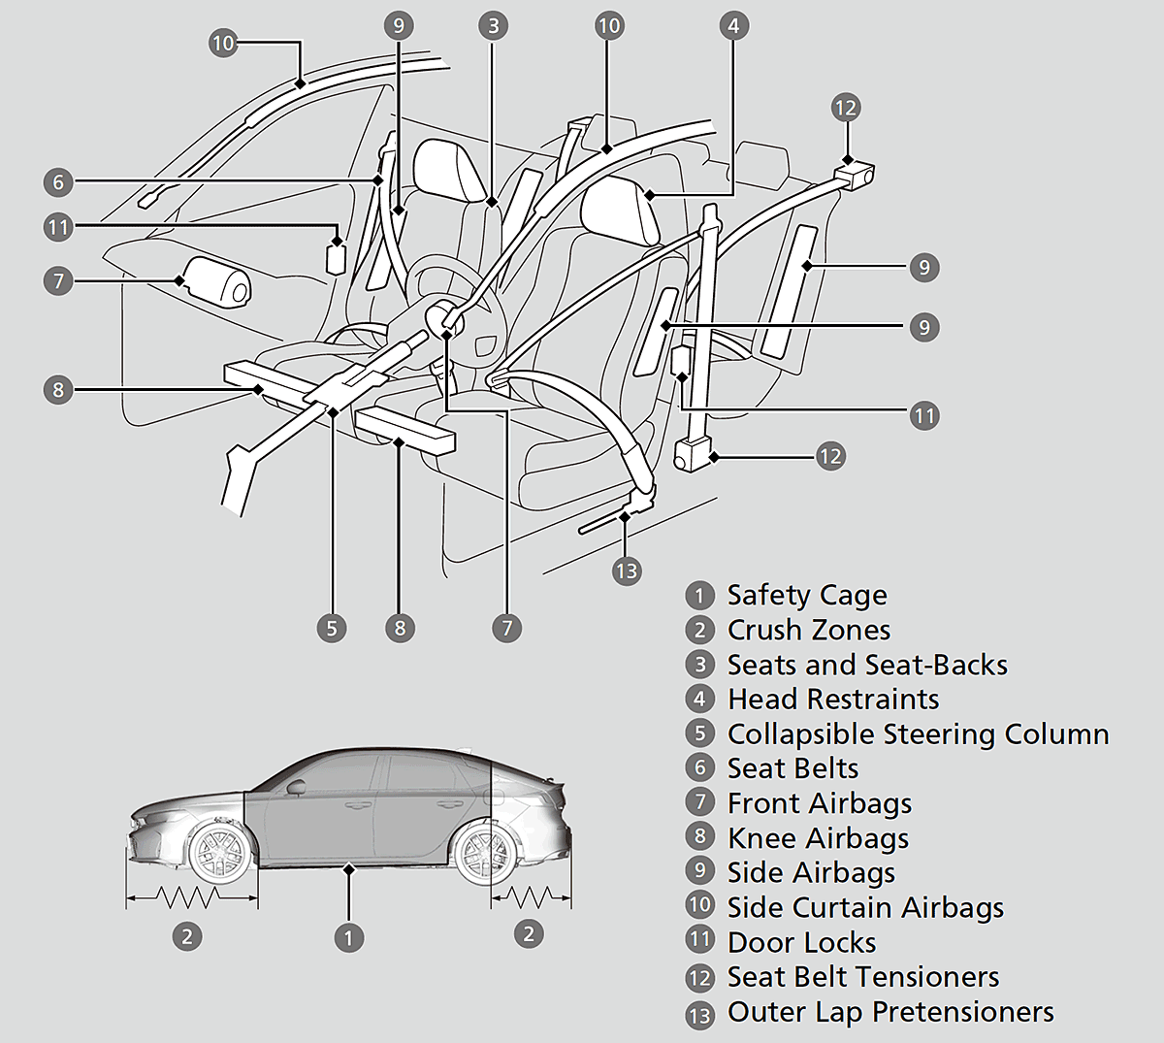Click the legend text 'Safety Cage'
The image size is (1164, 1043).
807,595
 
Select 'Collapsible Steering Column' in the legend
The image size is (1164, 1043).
918,734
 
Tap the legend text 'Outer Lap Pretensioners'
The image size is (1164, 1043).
890,1012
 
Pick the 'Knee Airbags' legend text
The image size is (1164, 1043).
818,838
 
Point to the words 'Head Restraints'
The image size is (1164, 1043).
833,700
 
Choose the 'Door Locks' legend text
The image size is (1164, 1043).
801,942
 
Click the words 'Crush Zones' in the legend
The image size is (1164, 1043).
809,630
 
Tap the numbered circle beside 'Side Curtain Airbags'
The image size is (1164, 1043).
699,906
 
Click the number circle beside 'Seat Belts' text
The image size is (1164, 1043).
699,767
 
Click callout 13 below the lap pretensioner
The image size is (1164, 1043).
627,570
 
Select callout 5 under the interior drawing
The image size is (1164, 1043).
332,628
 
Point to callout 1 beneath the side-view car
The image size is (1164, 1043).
348,937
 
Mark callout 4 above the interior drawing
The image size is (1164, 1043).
733,25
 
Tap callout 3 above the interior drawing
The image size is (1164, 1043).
494,25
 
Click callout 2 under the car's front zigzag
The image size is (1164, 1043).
187,936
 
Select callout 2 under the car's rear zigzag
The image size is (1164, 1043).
528,934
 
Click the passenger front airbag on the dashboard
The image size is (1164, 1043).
216,281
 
